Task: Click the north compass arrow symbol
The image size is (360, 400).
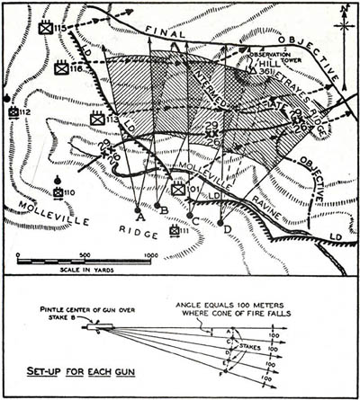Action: tap(343, 20)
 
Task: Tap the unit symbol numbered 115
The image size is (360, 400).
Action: tap(46, 28)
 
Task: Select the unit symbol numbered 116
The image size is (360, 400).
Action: tap(63, 67)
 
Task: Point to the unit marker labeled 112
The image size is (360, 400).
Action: tap(13, 112)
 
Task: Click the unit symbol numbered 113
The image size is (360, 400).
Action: tap(98, 119)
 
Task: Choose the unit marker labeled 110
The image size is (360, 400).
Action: tap(58, 191)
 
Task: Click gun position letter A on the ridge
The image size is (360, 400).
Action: tap(139, 215)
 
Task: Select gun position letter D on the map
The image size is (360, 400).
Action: tap(227, 228)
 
